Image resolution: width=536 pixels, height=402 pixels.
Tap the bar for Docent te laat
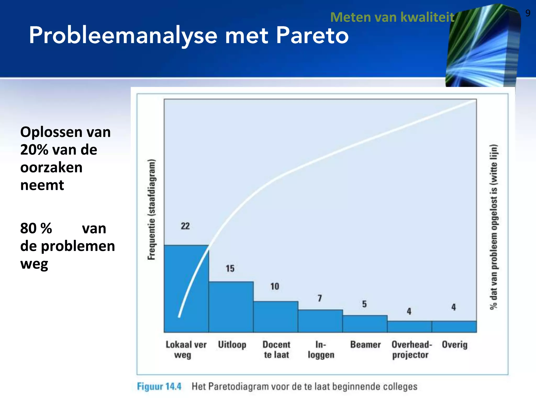(276, 317)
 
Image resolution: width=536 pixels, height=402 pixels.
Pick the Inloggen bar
(320, 321)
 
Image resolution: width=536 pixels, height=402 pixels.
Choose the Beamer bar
(365, 324)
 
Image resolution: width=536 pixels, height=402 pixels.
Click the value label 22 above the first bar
(185, 226)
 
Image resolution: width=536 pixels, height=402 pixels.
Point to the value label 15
(230, 269)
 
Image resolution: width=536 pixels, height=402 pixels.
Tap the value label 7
(320, 298)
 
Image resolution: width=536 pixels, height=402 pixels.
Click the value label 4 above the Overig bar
(454, 307)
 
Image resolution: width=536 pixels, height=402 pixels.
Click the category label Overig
(455, 344)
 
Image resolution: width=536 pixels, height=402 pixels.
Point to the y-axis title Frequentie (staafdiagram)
(152, 209)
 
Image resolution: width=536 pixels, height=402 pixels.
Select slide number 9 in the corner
(528, 13)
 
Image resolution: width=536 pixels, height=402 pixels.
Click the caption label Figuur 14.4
(159, 386)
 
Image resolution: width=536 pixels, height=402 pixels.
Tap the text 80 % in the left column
(36, 228)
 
